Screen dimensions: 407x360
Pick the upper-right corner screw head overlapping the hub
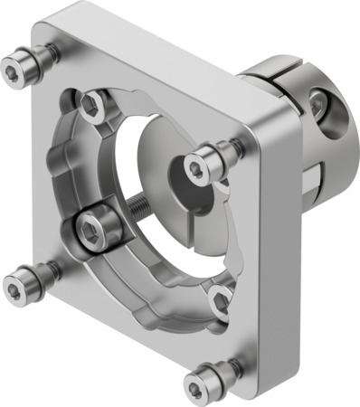click(201, 164)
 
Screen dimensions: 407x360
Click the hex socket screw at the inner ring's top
click(92, 107)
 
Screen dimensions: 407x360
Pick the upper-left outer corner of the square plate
click(43, 16)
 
